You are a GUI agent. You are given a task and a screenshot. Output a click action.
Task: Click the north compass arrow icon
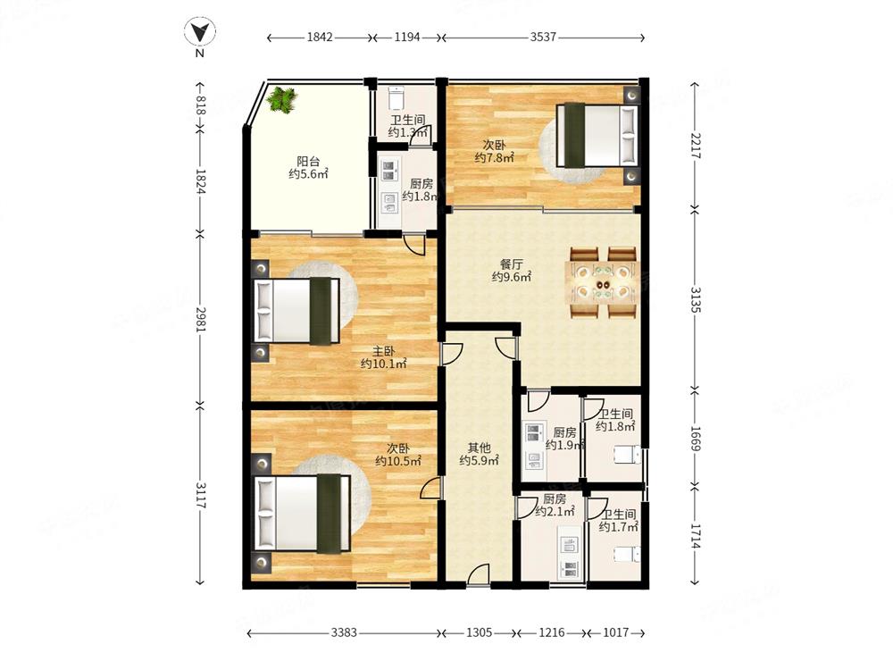pyautogui.click(x=200, y=31)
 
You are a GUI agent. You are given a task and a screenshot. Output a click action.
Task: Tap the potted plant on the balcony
pyautogui.click(x=282, y=100)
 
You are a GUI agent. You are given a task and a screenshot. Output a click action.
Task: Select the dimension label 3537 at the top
pyautogui.click(x=543, y=37)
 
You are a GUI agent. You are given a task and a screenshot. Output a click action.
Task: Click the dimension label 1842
pyautogui.click(x=320, y=37)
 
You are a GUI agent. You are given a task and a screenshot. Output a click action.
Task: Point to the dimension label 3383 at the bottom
pyautogui.click(x=344, y=632)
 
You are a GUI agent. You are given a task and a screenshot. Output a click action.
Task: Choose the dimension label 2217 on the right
pyautogui.click(x=696, y=146)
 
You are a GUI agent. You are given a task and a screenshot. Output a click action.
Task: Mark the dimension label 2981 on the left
pyautogui.click(x=200, y=320)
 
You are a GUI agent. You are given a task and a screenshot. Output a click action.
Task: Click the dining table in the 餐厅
pyautogui.click(x=602, y=282)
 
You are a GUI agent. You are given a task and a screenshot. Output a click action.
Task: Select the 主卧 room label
pyautogui.click(x=383, y=351)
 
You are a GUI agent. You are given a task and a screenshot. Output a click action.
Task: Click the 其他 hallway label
pyautogui.click(x=479, y=448)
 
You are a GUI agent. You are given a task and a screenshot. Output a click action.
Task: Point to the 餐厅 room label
pyautogui.click(x=512, y=264)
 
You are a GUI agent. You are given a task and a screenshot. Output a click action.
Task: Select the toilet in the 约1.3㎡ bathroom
pyautogui.click(x=396, y=97)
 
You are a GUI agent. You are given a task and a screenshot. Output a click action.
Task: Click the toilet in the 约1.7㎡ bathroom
pyautogui.click(x=627, y=554)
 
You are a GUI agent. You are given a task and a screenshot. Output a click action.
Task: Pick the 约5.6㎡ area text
pyautogui.click(x=308, y=174)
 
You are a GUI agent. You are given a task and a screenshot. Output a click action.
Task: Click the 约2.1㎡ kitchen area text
pyautogui.click(x=555, y=512)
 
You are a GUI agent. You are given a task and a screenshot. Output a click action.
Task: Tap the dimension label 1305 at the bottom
pyautogui.click(x=479, y=632)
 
